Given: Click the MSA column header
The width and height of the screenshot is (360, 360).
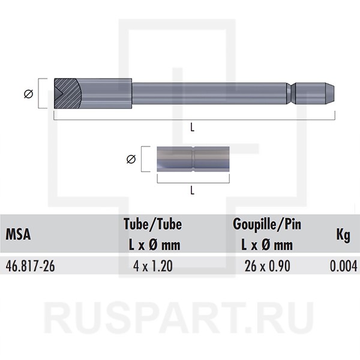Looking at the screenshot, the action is pos(18,234).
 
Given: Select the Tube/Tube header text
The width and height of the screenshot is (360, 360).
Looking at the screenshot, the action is pos(152,224).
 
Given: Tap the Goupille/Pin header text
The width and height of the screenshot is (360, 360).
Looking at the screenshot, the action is pos(267,224).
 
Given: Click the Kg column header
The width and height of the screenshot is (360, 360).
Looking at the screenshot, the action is pos(343,235).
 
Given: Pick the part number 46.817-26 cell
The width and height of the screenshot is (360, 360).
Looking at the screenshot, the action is pos(31,266).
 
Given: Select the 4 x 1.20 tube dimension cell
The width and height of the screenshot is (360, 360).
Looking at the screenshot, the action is pos(153,266).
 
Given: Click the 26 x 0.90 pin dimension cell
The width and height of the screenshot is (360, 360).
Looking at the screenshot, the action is pos(267,266).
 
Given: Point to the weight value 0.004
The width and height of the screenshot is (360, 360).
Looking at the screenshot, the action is pos(343,266).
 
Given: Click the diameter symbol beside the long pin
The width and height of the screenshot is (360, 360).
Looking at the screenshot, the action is pos(28,94).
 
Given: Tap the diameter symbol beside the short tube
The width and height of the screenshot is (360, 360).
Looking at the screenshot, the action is pos(131,159).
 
